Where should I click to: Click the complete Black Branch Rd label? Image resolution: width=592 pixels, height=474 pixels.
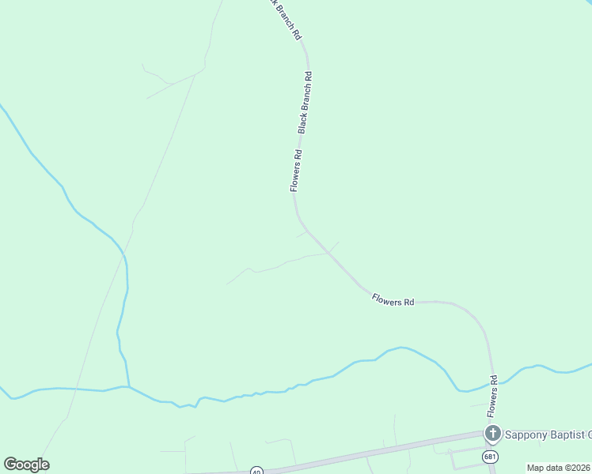point(305,102)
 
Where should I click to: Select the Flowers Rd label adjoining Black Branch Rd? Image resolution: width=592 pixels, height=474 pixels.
point(296,171)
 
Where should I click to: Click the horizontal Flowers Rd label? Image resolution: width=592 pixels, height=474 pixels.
point(393,301)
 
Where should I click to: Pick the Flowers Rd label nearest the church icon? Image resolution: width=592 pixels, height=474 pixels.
point(492,396)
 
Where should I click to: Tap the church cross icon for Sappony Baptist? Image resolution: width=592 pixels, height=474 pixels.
point(492,433)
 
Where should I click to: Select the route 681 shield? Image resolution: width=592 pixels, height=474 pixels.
point(491,456)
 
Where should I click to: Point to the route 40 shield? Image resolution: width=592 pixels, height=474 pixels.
point(256,471)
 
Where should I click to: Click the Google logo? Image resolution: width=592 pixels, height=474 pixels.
point(26,465)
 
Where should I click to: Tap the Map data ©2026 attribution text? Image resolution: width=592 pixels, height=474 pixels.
point(558,468)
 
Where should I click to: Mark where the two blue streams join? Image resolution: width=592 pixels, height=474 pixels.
point(128,386)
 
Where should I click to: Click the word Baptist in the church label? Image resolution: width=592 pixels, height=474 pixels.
point(564,434)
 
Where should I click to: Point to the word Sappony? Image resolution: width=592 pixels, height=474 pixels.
point(525,434)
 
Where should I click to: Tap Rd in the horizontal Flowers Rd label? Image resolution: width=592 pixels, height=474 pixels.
point(409,302)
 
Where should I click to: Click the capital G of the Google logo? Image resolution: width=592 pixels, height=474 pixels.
point(10,465)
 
